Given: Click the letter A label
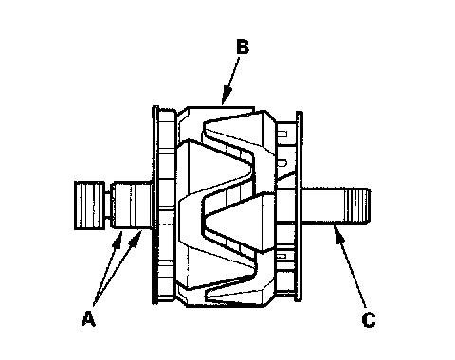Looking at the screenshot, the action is coord(88,318).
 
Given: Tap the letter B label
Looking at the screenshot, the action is coord(243,47).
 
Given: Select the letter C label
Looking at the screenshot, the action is coord(369,320).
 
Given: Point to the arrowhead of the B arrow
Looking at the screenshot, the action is coord(226,96).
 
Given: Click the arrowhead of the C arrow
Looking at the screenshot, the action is coord(337,234).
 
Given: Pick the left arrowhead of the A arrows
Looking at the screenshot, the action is coord(118,240).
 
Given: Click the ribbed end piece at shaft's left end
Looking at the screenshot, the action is coord(89,206).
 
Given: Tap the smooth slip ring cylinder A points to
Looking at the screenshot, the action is coord(132,205).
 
